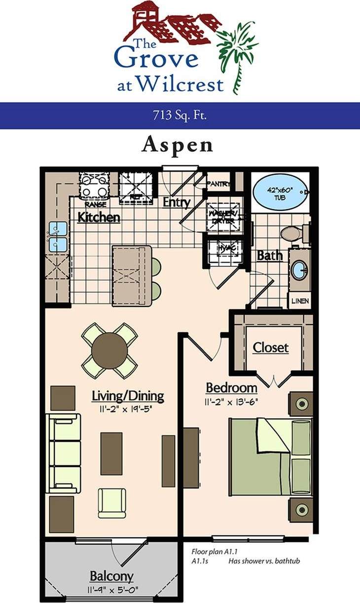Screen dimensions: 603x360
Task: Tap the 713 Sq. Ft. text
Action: pyautogui.click(x=180, y=116)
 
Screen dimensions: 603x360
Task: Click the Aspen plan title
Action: pyautogui.click(x=178, y=145)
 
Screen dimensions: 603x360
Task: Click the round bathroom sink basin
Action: pyautogui.click(x=298, y=269)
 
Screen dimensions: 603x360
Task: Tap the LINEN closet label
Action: pyautogui.click(x=300, y=301)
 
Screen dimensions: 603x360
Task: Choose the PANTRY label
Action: pyautogui.click(x=218, y=184)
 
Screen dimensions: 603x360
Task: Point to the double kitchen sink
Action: pyautogui.click(x=58, y=236)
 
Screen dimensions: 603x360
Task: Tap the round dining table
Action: pyautogui.click(x=109, y=350)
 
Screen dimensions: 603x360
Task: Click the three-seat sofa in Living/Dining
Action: pyautogui.click(x=64, y=453)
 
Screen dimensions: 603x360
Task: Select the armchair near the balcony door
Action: pyautogui.click(x=112, y=503)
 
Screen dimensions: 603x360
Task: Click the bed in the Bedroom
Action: pyautogui.click(x=270, y=456)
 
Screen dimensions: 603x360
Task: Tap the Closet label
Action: pyautogui.click(x=271, y=348)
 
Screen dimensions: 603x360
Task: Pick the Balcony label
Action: pyautogui.click(x=111, y=576)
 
